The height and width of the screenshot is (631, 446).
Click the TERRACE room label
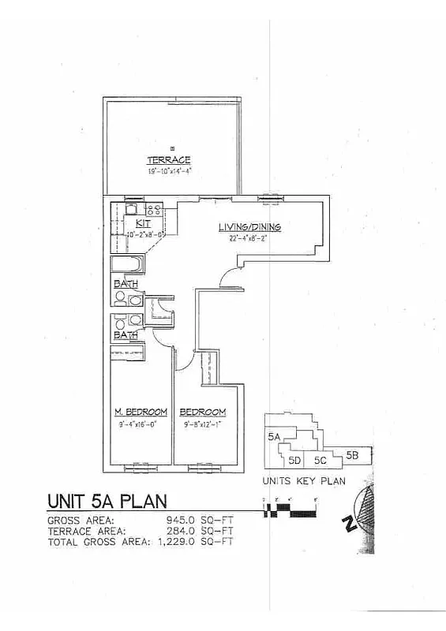[168, 160]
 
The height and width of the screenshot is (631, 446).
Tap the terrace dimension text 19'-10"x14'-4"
[168, 170]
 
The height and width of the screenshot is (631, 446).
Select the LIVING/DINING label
[249, 227]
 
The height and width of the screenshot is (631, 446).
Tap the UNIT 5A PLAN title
[107, 502]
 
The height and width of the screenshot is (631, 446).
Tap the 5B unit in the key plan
[353, 454]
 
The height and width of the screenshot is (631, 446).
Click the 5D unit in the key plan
[295, 460]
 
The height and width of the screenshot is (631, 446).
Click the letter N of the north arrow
[350, 524]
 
